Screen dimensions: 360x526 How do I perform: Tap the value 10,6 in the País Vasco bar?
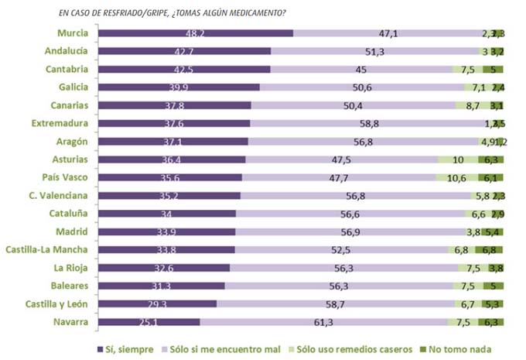pyautogui.click(x=456, y=177)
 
